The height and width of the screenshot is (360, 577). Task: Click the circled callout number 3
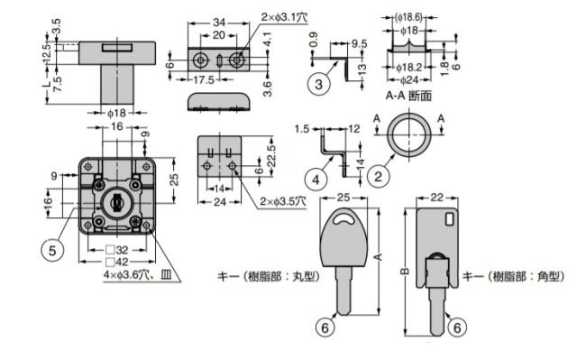pyautogui.click(x=318, y=84)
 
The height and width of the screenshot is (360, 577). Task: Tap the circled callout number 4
pyautogui.click(x=316, y=180)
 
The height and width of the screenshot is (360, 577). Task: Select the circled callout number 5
pyautogui.click(x=52, y=251)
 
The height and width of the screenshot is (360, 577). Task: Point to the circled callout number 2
pyautogui.click(x=379, y=177)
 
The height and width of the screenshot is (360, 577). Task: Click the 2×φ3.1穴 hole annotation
pyautogui.click(x=285, y=17)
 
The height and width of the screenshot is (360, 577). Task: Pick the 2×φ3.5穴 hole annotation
pyautogui.click(x=283, y=201)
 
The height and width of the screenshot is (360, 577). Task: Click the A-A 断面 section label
pyautogui.click(x=408, y=96)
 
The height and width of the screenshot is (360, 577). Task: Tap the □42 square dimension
pyautogui.click(x=117, y=262)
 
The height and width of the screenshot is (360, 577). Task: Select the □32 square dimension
pyautogui.click(x=117, y=250)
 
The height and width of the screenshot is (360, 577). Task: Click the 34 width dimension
pyautogui.click(x=219, y=23)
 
